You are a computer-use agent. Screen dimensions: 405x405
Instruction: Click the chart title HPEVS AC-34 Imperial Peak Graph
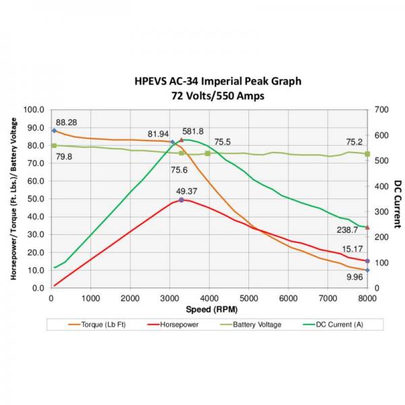pos(217,82)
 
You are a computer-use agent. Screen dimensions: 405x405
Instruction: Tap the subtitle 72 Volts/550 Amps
pos(217,95)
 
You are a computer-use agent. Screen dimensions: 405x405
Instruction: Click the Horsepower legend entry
pos(178,325)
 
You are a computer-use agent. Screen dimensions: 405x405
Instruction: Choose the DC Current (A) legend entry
pos(340,325)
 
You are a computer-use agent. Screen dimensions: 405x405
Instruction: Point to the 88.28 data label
pos(66,123)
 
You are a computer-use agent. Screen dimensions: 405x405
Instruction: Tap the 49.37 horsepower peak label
pos(187,191)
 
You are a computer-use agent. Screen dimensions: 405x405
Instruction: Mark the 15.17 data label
pos(353,250)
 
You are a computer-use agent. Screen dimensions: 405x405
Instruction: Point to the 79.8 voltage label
pos(63,157)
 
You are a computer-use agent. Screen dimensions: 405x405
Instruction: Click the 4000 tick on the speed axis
pos(209,298)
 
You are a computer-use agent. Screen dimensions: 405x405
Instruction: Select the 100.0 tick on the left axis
pos(34,109)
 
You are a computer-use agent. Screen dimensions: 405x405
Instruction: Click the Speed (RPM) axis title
pos(209,311)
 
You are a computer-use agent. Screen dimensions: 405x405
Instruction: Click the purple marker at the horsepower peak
pos(181,200)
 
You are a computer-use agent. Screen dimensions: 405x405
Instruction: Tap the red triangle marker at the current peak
pos(181,140)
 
